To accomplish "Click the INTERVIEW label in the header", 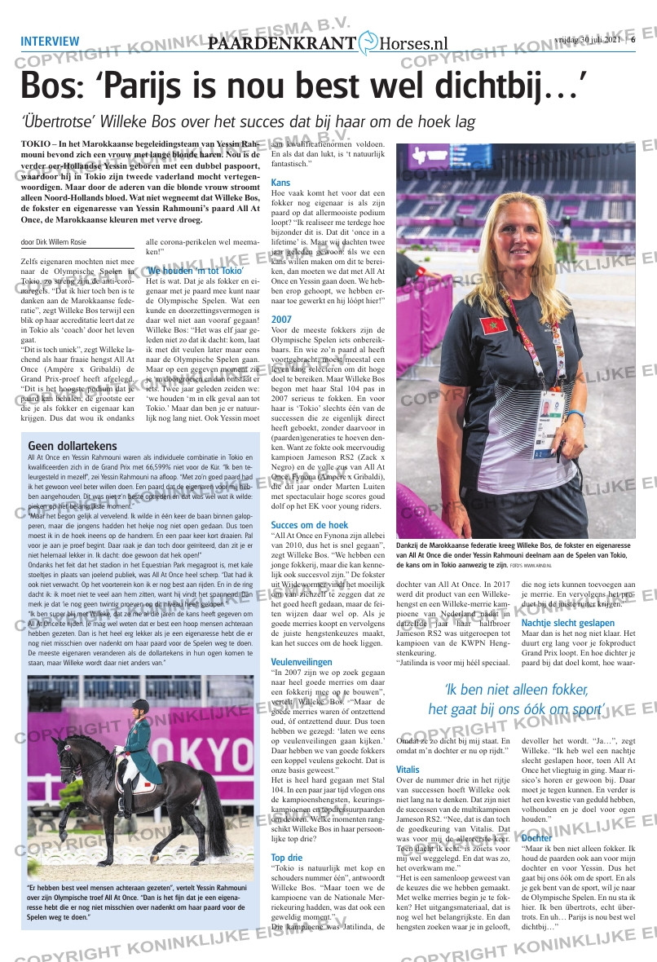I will tap(50, 42).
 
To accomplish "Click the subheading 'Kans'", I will tap(280, 182).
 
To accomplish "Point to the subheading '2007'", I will tap(281, 319).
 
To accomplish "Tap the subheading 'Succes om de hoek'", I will tap(309, 525).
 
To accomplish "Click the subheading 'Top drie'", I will tap(288, 857).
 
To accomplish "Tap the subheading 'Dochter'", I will tap(536, 837).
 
